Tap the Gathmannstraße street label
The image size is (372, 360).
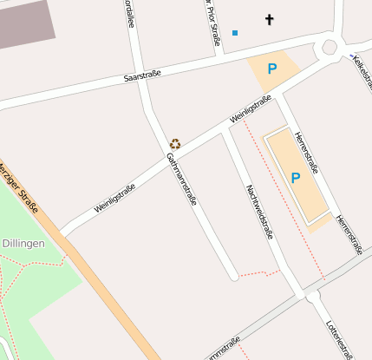[x=181, y=179]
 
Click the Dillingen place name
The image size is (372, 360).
[x=23, y=245]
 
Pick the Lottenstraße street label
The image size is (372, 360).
[x=339, y=338]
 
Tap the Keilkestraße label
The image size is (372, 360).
[x=361, y=73]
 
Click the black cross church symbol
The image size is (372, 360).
[x=270, y=19]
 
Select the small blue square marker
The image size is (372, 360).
[x=235, y=33]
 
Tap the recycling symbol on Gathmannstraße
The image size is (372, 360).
[x=174, y=144]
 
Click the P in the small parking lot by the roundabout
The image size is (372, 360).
[x=272, y=69]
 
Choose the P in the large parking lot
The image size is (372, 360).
[x=295, y=178]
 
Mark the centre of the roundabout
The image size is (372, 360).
[x=330, y=48]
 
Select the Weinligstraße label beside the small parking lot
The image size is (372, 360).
[x=251, y=108]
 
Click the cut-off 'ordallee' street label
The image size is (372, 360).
[x=129, y=13]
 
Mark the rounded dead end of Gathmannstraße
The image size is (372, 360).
[x=233, y=276]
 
